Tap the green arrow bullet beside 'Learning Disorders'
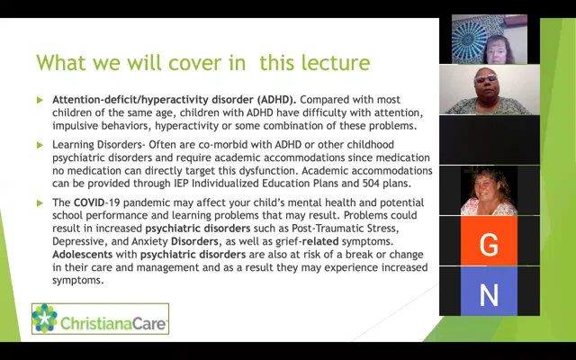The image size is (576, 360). coord(40,145)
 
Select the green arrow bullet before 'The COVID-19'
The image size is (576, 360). coord(40,203)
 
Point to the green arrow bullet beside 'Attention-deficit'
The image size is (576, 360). coord(40,100)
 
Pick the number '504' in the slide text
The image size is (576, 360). coord(371,183)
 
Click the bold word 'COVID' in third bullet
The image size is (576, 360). coord(89,202)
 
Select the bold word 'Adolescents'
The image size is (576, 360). coord(82,254)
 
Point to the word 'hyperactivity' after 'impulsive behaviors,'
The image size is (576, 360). coord(186,126)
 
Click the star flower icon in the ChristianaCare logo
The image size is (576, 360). coord(44,319)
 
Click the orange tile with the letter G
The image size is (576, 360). coord(489,240)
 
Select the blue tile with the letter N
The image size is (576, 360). coord(489,292)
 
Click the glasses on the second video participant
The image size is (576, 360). coord(485,78)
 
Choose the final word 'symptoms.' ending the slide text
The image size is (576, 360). coord(78,281)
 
